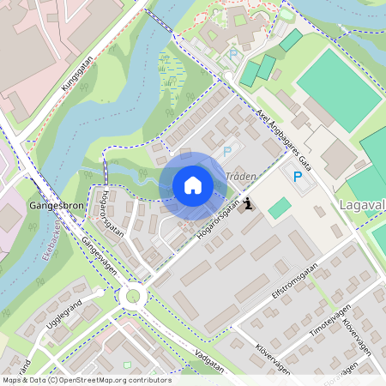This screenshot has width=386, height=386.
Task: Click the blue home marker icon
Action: (193, 185)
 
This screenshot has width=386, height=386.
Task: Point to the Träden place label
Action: (241, 176)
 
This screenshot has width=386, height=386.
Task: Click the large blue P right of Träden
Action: (298, 176)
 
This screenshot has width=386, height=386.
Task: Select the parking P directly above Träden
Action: (227, 151)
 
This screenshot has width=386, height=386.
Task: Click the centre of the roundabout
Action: (133, 296)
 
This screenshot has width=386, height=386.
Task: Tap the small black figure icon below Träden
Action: (249, 204)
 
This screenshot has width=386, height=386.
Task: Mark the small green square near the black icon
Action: (279, 208)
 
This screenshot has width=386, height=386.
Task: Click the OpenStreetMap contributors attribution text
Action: (87, 380)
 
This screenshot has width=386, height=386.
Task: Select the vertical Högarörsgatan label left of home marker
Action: (112, 210)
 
